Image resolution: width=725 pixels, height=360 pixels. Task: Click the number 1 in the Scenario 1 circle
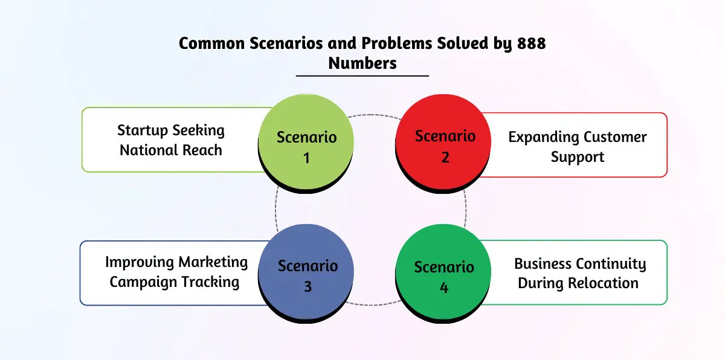306,158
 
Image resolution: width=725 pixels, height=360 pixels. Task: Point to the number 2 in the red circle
445,157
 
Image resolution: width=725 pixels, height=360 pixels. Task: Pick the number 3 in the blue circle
308,286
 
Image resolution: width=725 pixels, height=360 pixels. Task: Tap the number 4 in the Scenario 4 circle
444,288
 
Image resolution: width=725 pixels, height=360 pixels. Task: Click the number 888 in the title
528,44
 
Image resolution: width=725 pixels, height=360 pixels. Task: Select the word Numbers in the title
362,63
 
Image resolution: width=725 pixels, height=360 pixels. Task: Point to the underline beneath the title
362,76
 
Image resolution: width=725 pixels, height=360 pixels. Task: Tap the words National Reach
171,150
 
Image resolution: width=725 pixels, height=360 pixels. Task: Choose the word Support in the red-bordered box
578,157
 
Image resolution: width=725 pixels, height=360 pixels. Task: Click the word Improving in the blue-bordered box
138,262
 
